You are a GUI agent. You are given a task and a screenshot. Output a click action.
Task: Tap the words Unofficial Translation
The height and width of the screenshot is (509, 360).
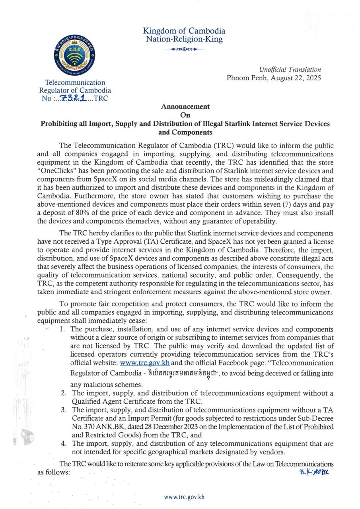pyautogui.click(x=290, y=70)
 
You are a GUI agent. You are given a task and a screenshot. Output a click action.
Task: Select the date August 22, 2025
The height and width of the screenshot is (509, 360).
pyautogui.click(x=292, y=78)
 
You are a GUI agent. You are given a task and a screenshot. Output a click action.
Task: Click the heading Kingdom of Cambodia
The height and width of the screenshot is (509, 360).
pyautogui.click(x=184, y=31)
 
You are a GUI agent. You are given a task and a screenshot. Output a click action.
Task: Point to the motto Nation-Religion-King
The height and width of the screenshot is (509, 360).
pyautogui.click(x=184, y=39)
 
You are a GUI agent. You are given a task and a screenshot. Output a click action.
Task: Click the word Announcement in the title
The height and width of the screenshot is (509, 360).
pyautogui.click(x=185, y=107)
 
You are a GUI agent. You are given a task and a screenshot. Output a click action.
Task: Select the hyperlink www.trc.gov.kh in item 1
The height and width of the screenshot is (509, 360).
pyautogui.click(x=137, y=363)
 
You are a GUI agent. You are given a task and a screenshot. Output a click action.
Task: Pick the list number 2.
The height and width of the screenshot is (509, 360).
pyautogui.click(x=63, y=393)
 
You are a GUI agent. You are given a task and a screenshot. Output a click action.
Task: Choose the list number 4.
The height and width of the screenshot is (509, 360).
pyautogui.click(x=63, y=443)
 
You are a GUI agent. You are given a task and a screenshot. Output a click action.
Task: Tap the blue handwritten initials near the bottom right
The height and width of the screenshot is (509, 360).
pyautogui.click(x=315, y=472)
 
